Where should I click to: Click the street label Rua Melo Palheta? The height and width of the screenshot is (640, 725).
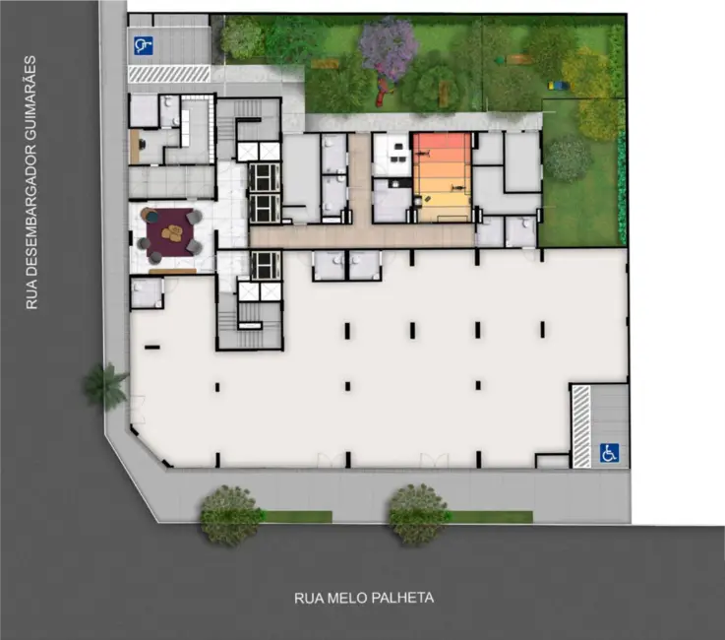coord(364,598)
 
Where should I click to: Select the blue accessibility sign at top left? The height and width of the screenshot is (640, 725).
coord(145,44)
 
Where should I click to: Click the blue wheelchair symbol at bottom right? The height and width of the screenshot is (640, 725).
coord(610,453)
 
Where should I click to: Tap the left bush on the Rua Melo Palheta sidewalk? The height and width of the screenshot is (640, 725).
coord(230,514)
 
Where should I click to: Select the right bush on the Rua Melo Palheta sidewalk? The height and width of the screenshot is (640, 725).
coord(417,513)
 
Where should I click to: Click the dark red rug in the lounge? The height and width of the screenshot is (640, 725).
coord(171,232)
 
